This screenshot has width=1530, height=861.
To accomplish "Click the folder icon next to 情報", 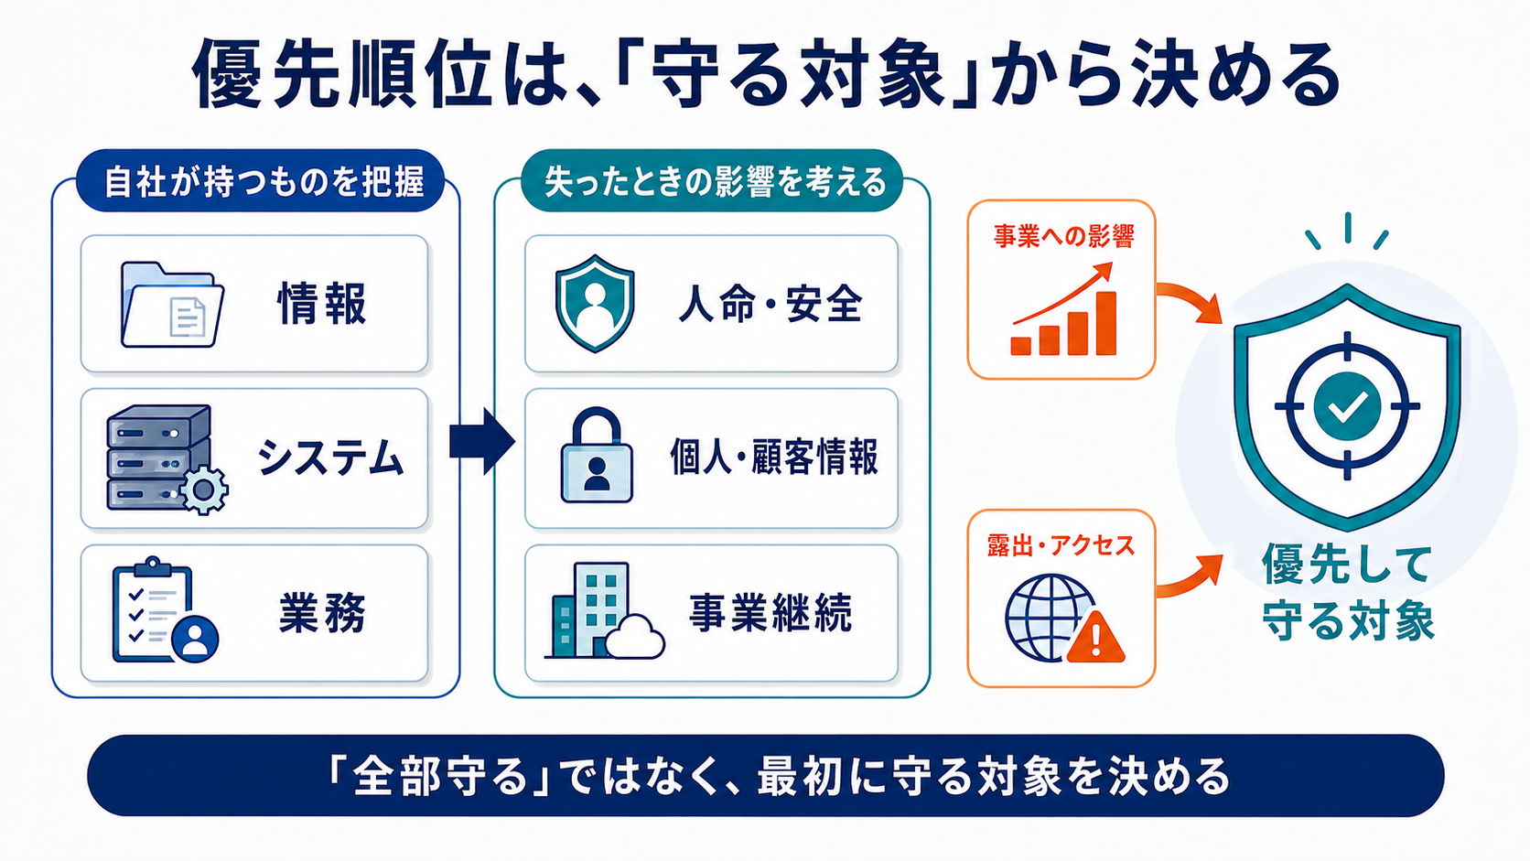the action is [172, 306].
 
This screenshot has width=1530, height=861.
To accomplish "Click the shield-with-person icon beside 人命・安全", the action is [594, 304].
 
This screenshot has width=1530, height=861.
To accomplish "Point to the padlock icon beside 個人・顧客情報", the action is [597, 455].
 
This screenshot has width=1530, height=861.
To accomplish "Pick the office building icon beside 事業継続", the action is [604, 609].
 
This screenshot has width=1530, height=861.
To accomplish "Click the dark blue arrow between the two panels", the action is [482, 441].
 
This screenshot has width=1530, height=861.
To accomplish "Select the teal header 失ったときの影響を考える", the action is [712, 181].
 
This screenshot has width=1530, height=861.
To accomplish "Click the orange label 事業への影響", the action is [1062, 236].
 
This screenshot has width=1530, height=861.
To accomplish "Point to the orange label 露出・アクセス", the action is [1061, 545].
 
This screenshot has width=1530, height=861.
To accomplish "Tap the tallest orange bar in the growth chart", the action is [1105, 323].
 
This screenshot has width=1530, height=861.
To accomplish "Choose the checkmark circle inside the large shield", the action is [1347, 406].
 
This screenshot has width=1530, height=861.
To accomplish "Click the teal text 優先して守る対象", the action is [1347, 592].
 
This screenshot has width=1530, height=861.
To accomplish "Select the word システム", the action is [330, 457].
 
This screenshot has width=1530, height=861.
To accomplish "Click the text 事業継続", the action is [770, 612].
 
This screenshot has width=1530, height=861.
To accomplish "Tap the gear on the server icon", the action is [203, 489].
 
